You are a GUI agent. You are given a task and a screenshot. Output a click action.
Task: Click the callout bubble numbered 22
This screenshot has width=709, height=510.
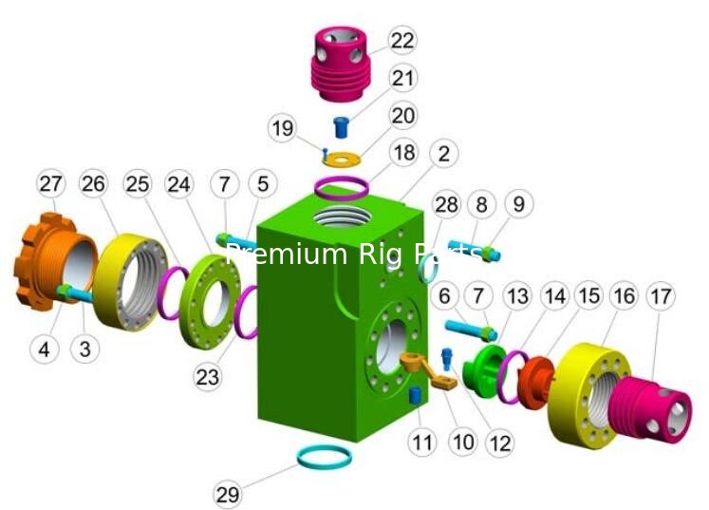[x=402, y=41]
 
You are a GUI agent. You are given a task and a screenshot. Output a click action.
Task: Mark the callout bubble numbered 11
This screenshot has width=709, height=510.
[x=422, y=442]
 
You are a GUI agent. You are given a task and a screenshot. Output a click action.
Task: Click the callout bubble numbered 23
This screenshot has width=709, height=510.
[x=207, y=377]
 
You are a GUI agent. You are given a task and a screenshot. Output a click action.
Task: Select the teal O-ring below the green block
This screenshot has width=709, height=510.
[x=325, y=458]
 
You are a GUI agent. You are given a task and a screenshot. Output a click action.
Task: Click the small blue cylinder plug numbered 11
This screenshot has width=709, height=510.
[x=414, y=397]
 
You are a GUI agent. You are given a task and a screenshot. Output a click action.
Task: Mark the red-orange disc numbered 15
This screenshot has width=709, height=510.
[x=536, y=382]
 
